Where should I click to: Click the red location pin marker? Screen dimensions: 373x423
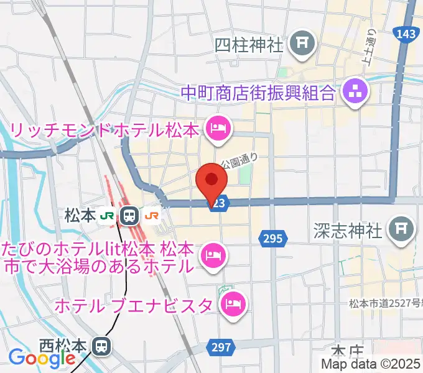211,181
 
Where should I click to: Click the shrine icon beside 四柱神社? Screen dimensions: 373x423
303,44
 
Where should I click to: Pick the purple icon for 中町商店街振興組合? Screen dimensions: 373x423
355,93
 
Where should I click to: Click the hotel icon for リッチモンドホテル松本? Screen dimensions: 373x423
218,129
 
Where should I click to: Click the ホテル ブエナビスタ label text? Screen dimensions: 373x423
136,305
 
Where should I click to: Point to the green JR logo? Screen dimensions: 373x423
108,216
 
